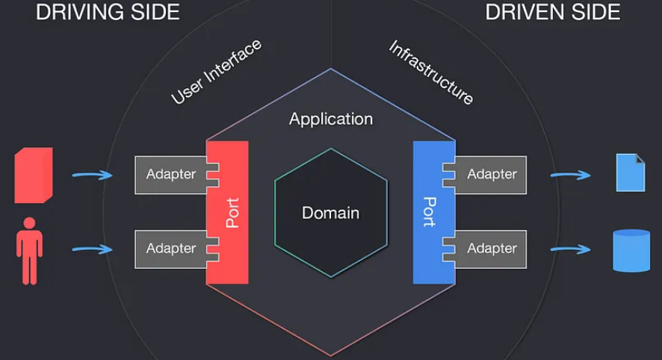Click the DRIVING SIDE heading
coord(108,12)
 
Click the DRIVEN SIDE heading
coord(553,12)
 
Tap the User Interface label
coord(216,71)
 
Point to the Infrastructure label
coord(431,72)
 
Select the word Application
coord(331,120)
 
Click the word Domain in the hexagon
coord(330,213)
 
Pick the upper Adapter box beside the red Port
coord(170,175)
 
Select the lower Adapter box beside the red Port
coord(170,249)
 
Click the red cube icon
coord(34,176)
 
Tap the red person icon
coord(30,251)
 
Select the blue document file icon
coord(631,173)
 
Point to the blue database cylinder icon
coord(631,251)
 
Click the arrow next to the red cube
coord(93,175)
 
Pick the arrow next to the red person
coord(93,249)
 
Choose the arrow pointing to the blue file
coord(570,175)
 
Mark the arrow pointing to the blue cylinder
coord(570,249)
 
